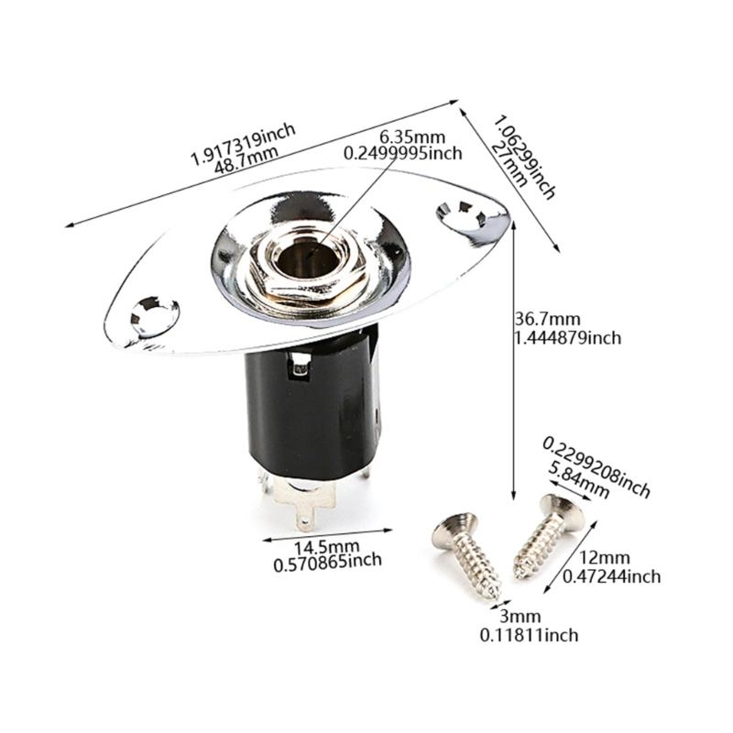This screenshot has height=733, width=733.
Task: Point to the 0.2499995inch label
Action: [x=402, y=154]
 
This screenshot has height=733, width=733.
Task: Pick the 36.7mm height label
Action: [x=547, y=320]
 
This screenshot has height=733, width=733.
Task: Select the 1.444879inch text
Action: [x=567, y=338]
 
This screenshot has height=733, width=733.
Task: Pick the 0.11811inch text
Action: [x=529, y=634]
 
